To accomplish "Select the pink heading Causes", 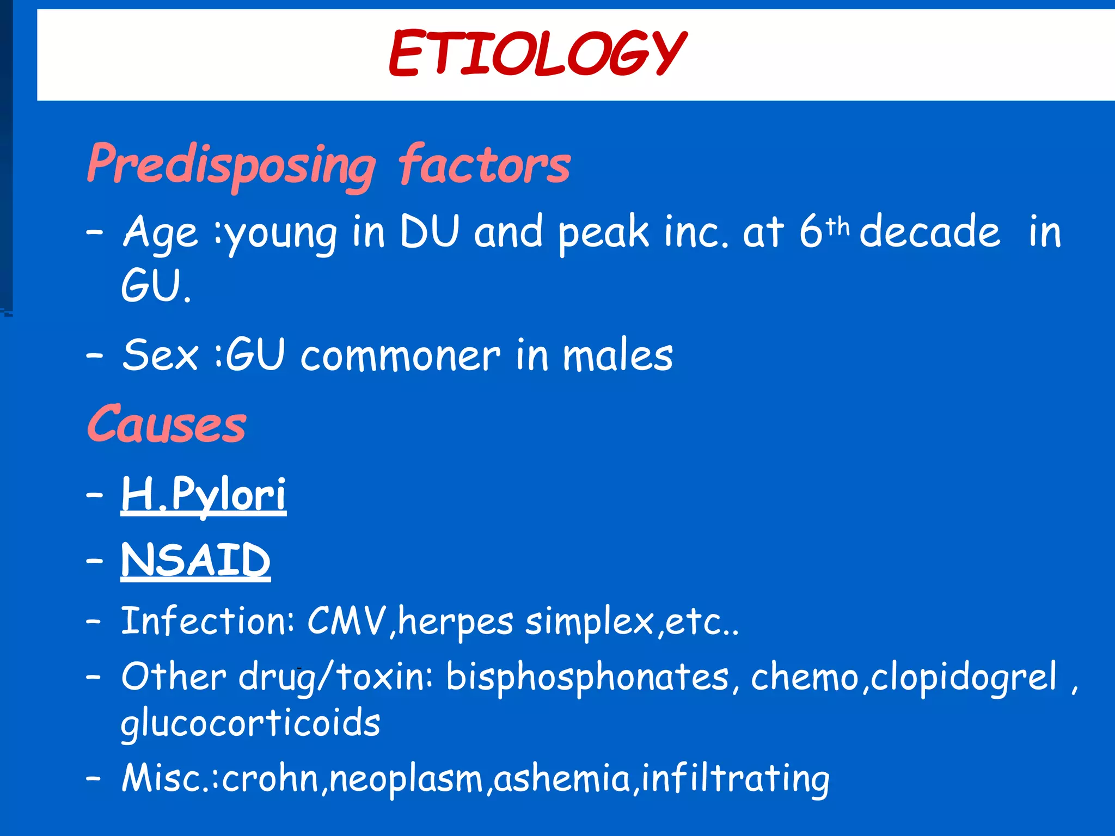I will coord(167,425).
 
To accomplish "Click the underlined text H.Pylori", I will coord(203,494).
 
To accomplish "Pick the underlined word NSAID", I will coord(195,561).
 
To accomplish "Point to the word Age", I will coord(160,233).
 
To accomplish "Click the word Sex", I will coord(160,355).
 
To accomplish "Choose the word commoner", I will coord(400,356).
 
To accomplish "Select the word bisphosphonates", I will coord(587,678).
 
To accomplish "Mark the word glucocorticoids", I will coord(250,724).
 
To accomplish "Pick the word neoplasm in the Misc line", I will coord(406,779).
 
